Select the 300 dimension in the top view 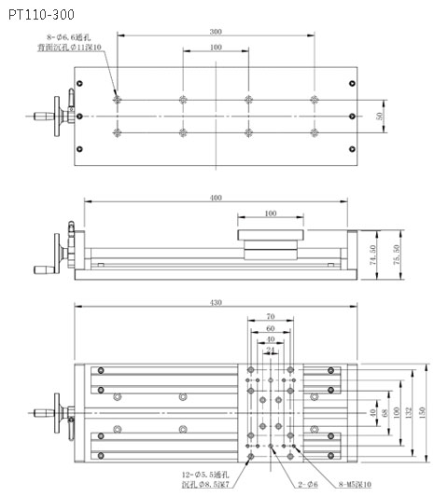217,32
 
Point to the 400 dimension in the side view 217,197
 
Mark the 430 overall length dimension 217,303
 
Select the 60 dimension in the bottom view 271,329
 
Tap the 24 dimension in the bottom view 271,351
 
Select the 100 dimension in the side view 271,214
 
